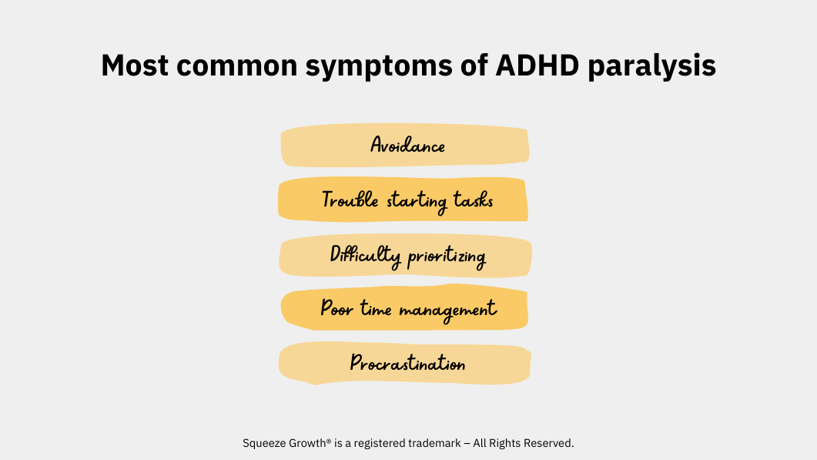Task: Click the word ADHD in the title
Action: [537, 65]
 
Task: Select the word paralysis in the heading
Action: [651, 68]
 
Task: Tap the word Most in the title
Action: [135, 65]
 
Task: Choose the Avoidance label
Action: [407, 145]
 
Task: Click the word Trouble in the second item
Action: [350, 200]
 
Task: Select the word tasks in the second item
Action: [473, 200]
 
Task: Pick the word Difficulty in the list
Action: [365, 256]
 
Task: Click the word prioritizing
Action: [447, 257]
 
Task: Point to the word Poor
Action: [337, 308]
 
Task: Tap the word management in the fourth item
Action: [447, 311]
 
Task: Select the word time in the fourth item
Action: [376, 309]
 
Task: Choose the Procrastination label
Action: [407, 363]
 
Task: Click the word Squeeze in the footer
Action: [260, 443]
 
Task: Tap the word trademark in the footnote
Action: [434, 443]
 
